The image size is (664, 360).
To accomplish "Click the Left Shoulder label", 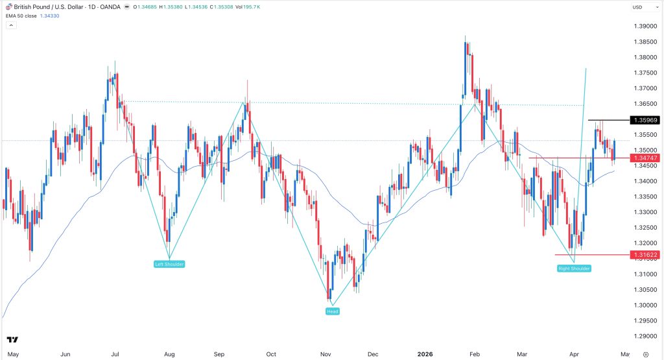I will (x=169, y=264).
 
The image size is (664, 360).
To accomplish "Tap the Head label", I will (x=331, y=311).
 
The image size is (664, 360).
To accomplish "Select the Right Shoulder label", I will (x=574, y=268).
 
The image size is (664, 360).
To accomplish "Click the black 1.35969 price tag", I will (x=645, y=120).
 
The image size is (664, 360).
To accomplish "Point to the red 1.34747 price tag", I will (x=645, y=158).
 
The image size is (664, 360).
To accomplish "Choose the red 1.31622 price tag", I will (x=645, y=255).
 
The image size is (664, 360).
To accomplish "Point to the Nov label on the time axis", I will (x=326, y=355).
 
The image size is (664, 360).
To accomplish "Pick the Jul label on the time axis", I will (x=115, y=355).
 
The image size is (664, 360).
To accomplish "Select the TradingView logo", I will (x=12, y=339).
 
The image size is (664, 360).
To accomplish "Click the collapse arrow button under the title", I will (x=11, y=25).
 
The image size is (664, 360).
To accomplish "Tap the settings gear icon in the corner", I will (x=645, y=355).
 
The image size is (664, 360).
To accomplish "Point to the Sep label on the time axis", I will (x=219, y=355).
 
